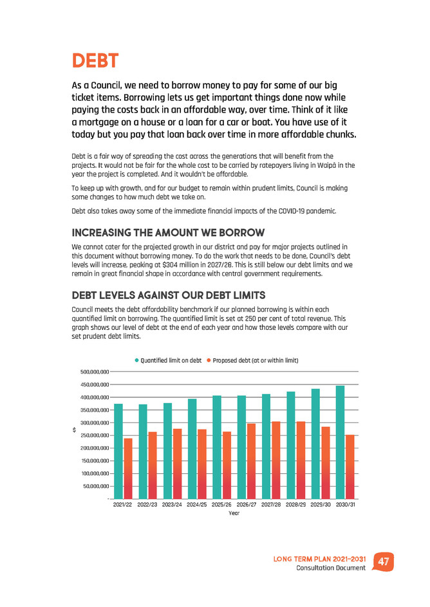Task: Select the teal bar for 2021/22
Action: point(118,451)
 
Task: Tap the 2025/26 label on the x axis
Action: point(221,505)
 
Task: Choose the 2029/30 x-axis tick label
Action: point(321,505)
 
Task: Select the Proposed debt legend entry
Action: point(252,360)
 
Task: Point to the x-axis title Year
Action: point(234,513)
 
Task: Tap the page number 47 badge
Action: point(384,561)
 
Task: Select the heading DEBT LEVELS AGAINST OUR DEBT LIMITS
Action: point(169,295)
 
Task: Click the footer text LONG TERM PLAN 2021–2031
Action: point(320,559)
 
